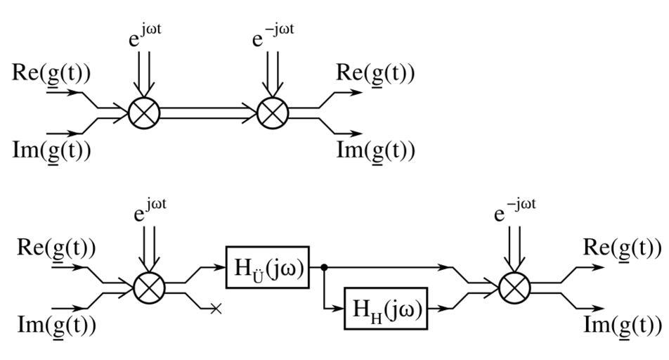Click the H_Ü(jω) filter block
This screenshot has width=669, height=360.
[268, 267]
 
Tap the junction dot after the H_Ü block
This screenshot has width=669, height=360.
[324, 267]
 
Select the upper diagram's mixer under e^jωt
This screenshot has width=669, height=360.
[145, 112]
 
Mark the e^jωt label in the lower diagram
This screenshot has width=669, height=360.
[152, 212]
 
